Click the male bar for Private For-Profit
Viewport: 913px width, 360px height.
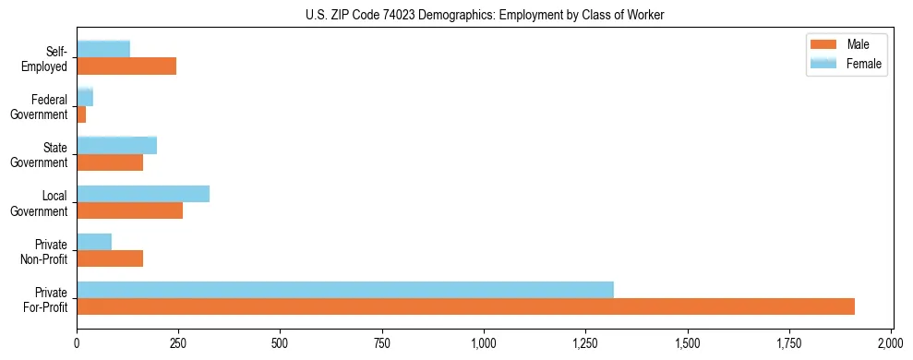(x=465, y=306)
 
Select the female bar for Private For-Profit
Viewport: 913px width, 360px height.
(x=345, y=290)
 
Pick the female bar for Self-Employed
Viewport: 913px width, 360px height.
(x=103, y=49)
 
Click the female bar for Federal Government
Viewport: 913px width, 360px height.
(x=85, y=97)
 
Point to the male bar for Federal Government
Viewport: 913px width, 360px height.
(x=81, y=114)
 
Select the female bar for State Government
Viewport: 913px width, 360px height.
(x=116, y=145)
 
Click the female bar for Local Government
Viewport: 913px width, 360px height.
(x=143, y=194)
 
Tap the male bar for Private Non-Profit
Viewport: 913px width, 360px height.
(x=110, y=258)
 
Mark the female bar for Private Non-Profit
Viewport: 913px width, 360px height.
(x=94, y=242)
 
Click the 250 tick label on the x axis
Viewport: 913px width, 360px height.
(x=178, y=343)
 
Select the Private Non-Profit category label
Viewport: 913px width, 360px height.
(x=43, y=250)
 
